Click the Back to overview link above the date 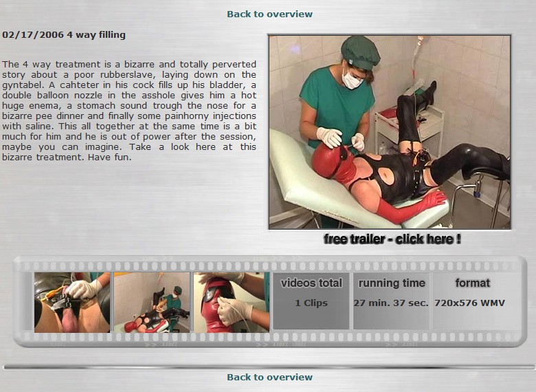pyautogui.click(x=269, y=14)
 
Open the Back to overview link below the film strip pyautogui.click(x=269, y=377)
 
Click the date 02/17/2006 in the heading pyautogui.click(x=33, y=35)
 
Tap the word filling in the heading pyautogui.click(x=112, y=35)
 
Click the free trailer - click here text pyautogui.click(x=392, y=239)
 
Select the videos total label pyautogui.click(x=311, y=283)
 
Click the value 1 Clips pyautogui.click(x=311, y=303)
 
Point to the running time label pyautogui.click(x=392, y=283)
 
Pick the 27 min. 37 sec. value pyautogui.click(x=391, y=303)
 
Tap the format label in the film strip pyautogui.click(x=473, y=283)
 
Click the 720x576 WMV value pyautogui.click(x=469, y=303)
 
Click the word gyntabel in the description pyautogui.click(x=21, y=85)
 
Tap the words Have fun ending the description pyautogui.click(x=109, y=157)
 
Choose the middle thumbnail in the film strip pyautogui.click(x=152, y=303)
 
